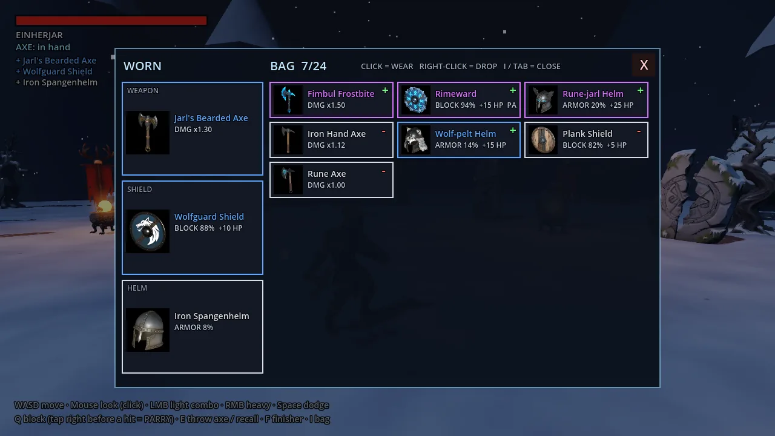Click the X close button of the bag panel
[644, 65]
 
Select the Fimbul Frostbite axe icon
[288, 100]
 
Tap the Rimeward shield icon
[415, 100]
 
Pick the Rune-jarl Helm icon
[543, 100]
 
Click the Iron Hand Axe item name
[336, 134]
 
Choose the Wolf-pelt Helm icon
[415, 140]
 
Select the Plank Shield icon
[543, 140]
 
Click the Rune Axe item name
[326, 174]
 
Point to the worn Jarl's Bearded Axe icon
[148, 133]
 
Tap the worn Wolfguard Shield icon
[148, 231]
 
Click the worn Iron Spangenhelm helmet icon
[148, 330]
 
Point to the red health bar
[111, 21]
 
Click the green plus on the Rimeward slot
[513, 91]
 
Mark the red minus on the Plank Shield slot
[639, 131]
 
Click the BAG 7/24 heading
[298, 66]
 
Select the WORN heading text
[142, 66]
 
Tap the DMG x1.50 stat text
[326, 105]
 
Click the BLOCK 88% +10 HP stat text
[208, 228]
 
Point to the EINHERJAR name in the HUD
[39, 35]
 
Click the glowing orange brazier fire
[105, 206]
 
